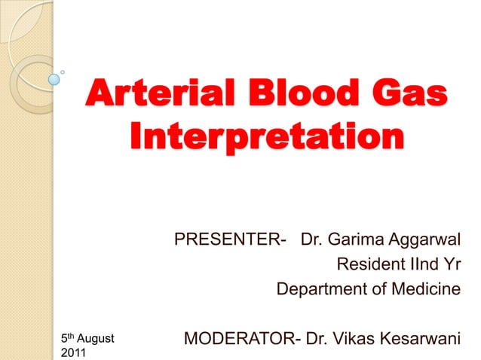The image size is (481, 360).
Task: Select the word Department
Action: [324, 288]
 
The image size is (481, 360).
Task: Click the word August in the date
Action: [94, 340]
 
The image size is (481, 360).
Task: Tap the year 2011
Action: [72, 352]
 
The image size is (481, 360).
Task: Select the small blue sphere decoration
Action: [54, 78]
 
